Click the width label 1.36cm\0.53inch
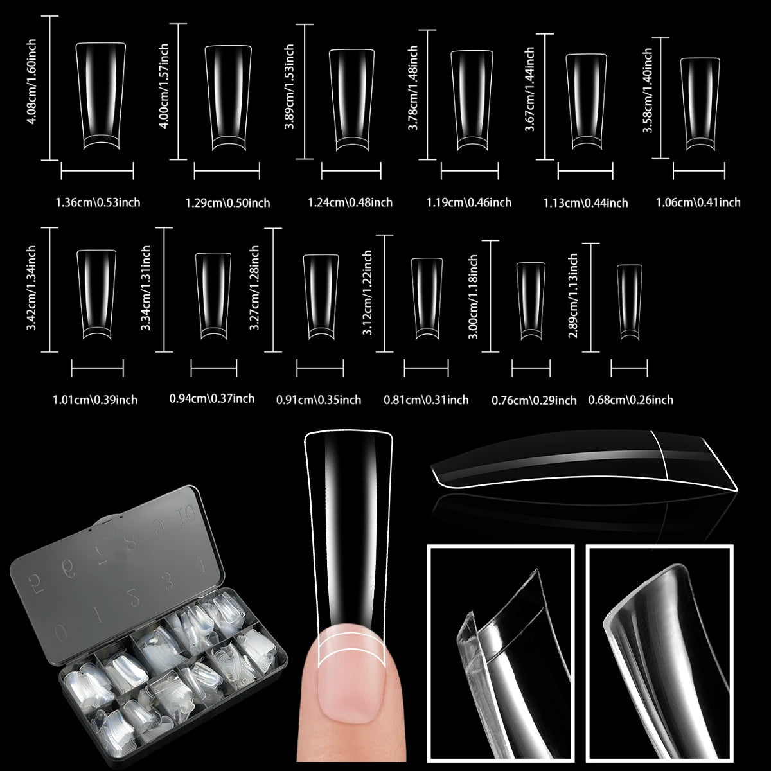[98, 202]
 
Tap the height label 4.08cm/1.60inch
[31, 88]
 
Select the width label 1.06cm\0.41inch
[698, 202]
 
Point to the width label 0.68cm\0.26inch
[630, 400]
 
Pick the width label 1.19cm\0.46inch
[469, 202]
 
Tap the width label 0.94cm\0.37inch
[211, 398]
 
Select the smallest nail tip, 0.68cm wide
[630, 301]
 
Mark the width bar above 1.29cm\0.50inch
[227, 171]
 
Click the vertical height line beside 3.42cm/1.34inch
[49, 289]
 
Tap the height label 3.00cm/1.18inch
[474, 296]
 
